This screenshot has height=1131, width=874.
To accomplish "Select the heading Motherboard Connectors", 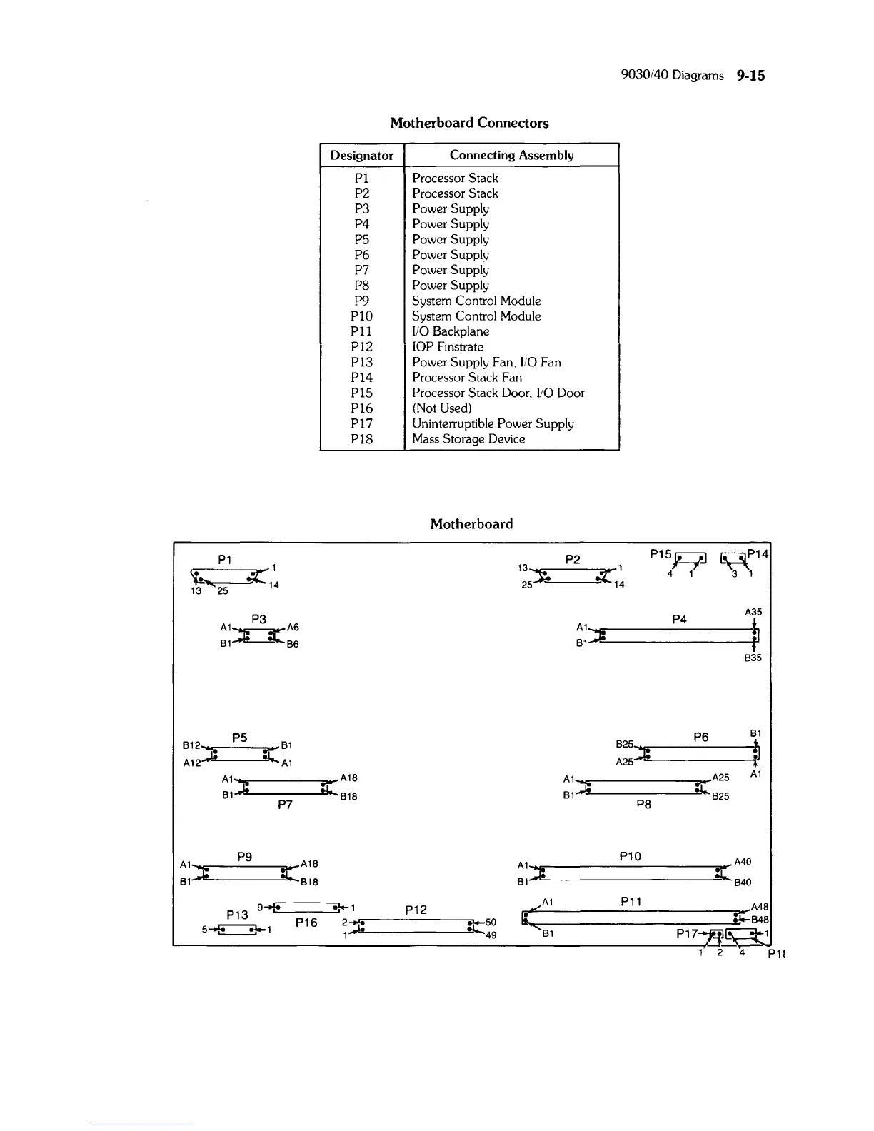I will coord(469,123).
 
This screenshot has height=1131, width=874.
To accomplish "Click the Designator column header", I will coord(362,155).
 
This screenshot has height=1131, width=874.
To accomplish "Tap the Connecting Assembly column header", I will coord(511,155).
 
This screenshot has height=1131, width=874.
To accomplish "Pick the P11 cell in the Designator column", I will coord(362,331).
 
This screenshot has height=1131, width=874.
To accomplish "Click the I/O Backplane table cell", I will coord(451,331).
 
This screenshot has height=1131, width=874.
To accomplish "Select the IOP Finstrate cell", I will coord(448,347).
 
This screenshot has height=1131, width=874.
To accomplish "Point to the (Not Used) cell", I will coord(442,408).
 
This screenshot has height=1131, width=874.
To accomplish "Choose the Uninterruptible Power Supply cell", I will coord(493,423).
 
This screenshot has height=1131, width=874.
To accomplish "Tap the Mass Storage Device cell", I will coord(468,439).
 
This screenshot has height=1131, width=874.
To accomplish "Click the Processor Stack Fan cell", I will coord(467,378).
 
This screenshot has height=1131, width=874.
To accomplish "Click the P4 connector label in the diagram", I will coord(679,619).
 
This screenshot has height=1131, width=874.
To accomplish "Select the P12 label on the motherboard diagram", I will coord(416,910).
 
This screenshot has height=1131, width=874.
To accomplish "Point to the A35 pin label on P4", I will coord(753,612).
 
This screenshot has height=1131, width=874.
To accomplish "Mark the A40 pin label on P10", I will coord(743,863).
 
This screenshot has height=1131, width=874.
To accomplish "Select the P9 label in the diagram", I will coord(244,856).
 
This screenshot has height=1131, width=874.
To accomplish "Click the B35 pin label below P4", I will coord(753,658).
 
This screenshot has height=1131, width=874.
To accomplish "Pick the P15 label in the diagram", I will coord(661,554).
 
